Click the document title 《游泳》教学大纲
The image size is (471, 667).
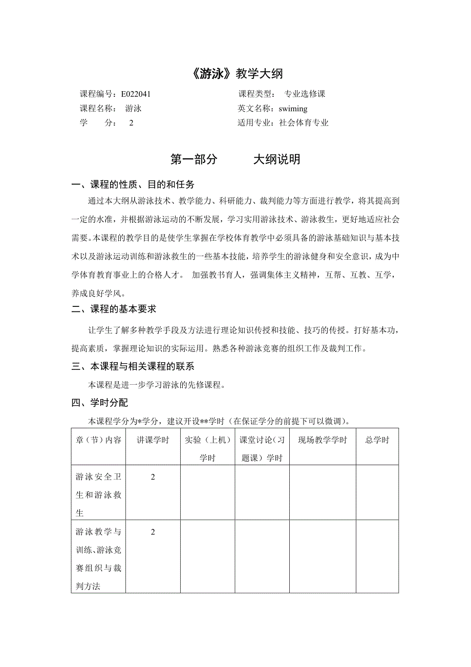tap(235, 74)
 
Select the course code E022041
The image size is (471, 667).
tap(136, 94)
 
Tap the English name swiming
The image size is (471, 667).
tap(293, 109)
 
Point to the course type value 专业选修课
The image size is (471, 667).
tap(305, 94)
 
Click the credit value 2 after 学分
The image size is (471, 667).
tap(131, 123)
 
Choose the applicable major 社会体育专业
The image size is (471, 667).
tap(304, 123)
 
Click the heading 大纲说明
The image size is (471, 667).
tap(276, 160)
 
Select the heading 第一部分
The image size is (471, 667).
tap(194, 160)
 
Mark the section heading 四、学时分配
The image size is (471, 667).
tap(100, 403)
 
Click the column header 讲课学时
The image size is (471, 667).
tap(153, 440)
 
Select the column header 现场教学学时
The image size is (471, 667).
tap(323, 440)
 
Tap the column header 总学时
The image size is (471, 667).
tap(377, 440)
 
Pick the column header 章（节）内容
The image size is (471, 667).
tap(98, 440)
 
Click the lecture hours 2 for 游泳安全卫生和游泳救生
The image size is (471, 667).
tap(153, 477)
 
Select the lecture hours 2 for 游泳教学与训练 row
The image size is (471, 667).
tap(153, 532)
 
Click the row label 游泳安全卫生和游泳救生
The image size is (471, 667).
tap(98, 494)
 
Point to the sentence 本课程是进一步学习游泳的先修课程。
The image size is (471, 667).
tap(157, 385)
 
